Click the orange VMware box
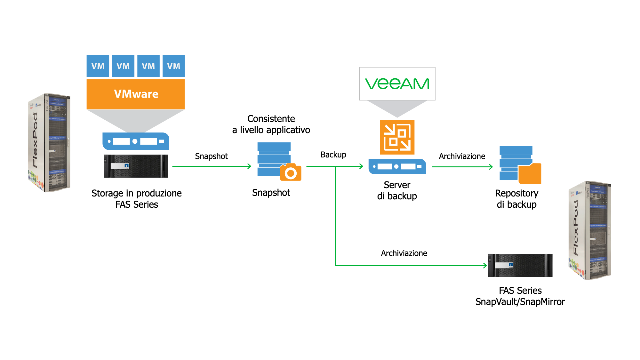point(136,94)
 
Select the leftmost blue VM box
point(98,66)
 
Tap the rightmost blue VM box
point(173,66)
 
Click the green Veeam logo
point(397,84)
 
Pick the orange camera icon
point(291,173)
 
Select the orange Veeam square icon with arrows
point(397,137)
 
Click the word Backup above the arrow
point(333,155)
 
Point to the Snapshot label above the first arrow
point(211,156)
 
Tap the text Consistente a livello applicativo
point(271,124)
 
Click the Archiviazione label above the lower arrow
point(404,253)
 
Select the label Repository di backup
point(516,199)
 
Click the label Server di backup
point(397,190)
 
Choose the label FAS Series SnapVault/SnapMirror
point(520,296)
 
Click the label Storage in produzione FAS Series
point(137,199)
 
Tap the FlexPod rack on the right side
point(590,230)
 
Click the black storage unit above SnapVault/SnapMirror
point(520,265)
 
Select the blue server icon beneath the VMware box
point(136,141)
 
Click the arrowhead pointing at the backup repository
point(491,167)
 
